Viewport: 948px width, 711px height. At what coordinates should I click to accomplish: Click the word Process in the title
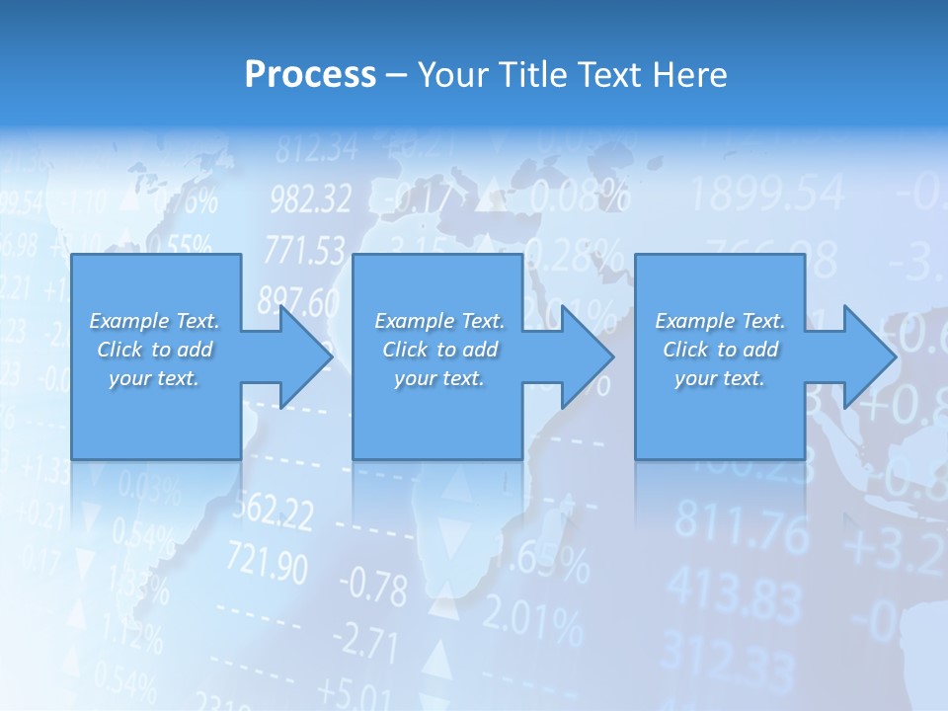click(x=310, y=74)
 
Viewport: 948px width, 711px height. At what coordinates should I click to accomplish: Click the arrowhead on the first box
click(x=304, y=356)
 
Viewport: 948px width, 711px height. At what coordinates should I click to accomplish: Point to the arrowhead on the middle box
click(x=586, y=356)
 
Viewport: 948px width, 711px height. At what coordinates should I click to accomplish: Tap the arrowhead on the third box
click(x=867, y=356)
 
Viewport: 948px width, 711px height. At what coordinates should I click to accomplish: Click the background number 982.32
click(x=310, y=200)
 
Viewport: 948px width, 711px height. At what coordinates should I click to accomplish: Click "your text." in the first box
click(x=154, y=378)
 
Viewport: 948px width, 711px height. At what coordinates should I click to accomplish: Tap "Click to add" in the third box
click(x=720, y=350)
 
